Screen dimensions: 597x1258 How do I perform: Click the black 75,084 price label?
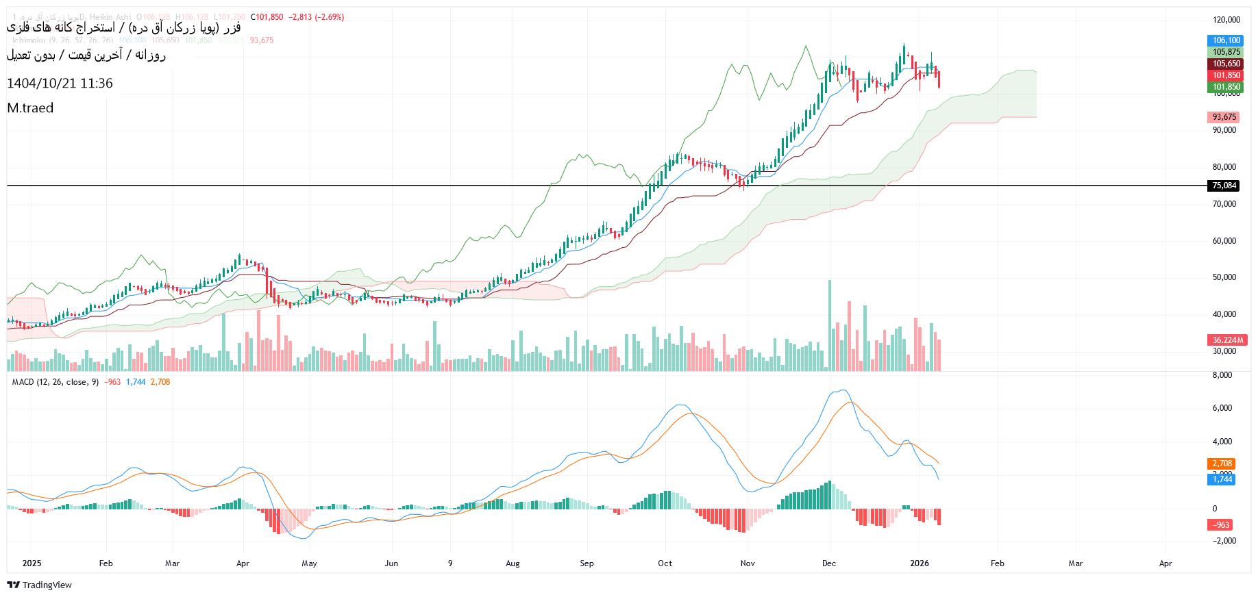tap(1224, 186)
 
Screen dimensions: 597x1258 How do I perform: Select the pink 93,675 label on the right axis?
tap(1224, 117)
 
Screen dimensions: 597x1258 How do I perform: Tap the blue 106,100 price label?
tap(1226, 40)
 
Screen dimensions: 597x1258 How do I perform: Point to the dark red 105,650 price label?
tap(1226, 64)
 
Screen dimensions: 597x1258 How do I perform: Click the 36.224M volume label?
tap(1227, 340)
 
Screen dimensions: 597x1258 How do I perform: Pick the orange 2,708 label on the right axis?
tap(1222, 463)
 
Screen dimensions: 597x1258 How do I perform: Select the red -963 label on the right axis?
tap(1221, 525)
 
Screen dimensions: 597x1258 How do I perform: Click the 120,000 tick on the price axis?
tap(1226, 20)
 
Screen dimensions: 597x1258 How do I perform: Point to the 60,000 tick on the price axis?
tap(1224, 241)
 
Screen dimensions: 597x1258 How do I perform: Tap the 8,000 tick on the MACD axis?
tap(1222, 375)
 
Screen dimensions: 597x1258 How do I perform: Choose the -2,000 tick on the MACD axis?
tap(1223, 541)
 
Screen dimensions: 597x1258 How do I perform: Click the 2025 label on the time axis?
tap(32, 563)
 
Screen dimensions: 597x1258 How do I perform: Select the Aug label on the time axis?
tap(513, 563)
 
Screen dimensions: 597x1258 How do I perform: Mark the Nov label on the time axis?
tap(748, 563)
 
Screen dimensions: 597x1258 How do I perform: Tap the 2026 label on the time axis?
tap(919, 563)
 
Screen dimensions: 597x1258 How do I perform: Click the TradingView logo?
tap(40, 585)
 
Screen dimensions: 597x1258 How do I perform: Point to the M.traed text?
tap(30, 108)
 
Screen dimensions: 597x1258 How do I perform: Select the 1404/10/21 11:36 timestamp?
tap(60, 84)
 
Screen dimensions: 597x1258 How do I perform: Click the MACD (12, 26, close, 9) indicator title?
tap(55, 382)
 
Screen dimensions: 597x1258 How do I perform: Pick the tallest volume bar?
tap(830, 326)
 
